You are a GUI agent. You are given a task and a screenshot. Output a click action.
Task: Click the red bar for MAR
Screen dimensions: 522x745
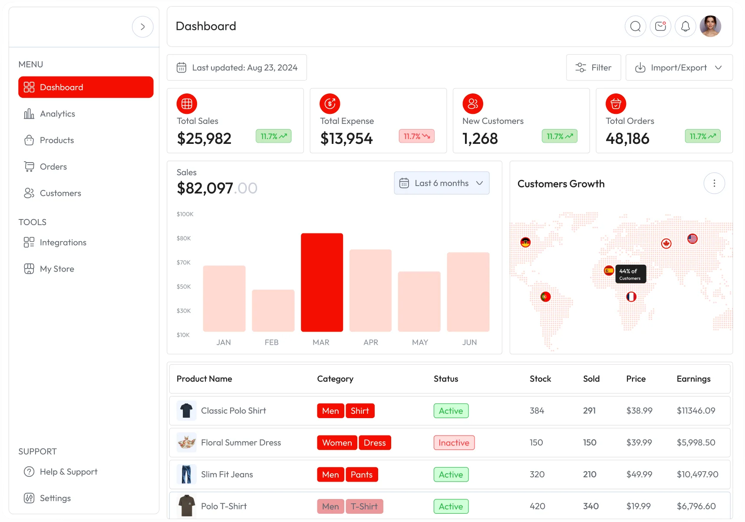[x=322, y=283]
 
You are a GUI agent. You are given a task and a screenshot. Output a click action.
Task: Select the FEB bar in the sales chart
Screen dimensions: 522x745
[x=273, y=310]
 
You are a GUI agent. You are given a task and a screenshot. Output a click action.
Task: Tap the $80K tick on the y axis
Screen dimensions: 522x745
[x=184, y=238]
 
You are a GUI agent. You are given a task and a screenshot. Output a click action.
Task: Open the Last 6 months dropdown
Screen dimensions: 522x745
[x=442, y=183]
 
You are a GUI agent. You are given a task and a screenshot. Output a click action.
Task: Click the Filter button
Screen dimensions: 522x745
[x=593, y=67]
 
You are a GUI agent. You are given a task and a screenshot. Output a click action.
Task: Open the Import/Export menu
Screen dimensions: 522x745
[x=679, y=67]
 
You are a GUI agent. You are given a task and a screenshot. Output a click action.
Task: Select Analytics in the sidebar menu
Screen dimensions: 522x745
[x=57, y=114]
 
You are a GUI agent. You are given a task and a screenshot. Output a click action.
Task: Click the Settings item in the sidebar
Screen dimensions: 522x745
[x=55, y=498]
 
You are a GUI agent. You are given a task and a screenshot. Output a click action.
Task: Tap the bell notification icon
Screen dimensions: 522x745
[x=685, y=27]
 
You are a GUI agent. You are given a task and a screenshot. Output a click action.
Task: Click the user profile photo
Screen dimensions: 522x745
[x=710, y=27]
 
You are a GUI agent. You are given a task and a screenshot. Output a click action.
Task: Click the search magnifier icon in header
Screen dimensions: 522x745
[x=635, y=27]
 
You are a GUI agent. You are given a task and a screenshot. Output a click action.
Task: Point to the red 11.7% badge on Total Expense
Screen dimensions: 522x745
[x=416, y=136]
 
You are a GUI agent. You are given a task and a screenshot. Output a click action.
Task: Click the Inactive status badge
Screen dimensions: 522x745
[x=454, y=442]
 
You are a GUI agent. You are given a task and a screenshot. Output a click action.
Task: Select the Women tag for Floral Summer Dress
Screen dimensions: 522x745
[x=337, y=442]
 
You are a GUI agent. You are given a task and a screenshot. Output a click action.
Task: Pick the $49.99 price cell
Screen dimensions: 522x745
[x=639, y=474]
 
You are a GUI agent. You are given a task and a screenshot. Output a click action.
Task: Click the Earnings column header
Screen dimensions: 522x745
[x=693, y=379]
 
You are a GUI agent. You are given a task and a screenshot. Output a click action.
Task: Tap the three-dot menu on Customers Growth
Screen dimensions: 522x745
[x=714, y=183]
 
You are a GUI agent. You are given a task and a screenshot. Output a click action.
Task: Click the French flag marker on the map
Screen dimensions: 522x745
[x=631, y=297]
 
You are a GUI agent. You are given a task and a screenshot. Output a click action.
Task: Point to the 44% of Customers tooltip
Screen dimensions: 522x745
[x=630, y=274]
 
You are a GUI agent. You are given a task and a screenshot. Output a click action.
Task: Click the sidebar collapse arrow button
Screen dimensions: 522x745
[x=142, y=27]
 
